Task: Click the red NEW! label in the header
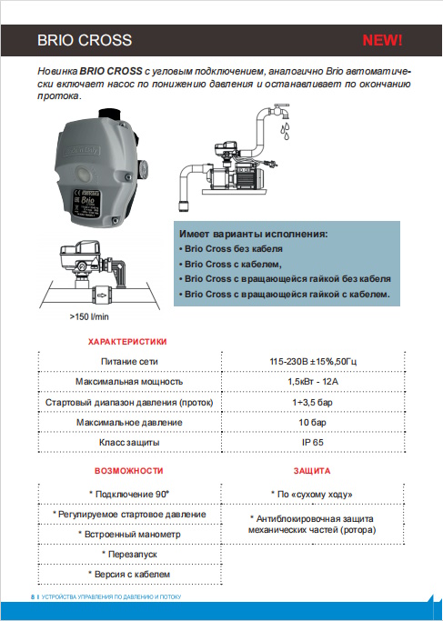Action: click(x=382, y=40)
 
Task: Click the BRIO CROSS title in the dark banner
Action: click(x=85, y=40)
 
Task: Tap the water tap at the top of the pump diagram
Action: click(x=280, y=111)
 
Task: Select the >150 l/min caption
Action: click(x=89, y=316)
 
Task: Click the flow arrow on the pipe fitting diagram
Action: click(x=102, y=295)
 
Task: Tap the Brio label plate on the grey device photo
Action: click(x=86, y=201)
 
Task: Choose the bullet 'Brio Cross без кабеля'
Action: click(x=231, y=249)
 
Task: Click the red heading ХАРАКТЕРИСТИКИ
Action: click(x=127, y=342)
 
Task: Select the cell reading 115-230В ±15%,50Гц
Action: click(x=313, y=362)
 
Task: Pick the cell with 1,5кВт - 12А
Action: click(x=313, y=382)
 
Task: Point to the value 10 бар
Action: click(x=313, y=422)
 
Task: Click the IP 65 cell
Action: click(x=313, y=443)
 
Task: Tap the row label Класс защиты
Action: click(x=129, y=443)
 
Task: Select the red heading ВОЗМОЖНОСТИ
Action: click(x=129, y=471)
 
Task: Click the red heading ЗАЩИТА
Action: click(x=312, y=471)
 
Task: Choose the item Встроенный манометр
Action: click(x=129, y=535)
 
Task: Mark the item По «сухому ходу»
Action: click(x=312, y=495)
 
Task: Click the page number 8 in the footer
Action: click(x=33, y=596)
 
